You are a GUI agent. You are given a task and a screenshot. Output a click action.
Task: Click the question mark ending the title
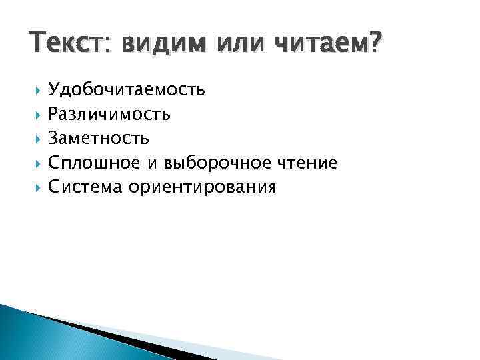click(377, 45)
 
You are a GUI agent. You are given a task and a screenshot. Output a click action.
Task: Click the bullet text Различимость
click(109, 115)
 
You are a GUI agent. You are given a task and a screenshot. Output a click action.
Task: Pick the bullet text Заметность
click(99, 139)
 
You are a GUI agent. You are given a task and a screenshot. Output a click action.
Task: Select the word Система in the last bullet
click(85, 187)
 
